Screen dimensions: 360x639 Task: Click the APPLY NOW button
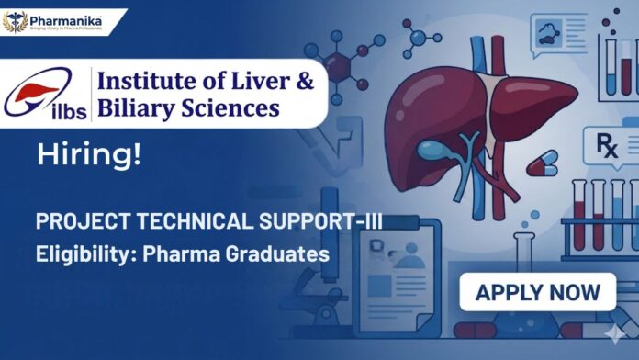[537, 293]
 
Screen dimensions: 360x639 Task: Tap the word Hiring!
[89, 155]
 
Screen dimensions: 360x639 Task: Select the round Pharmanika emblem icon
[16, 21]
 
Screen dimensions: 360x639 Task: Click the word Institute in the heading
[148, 82]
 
